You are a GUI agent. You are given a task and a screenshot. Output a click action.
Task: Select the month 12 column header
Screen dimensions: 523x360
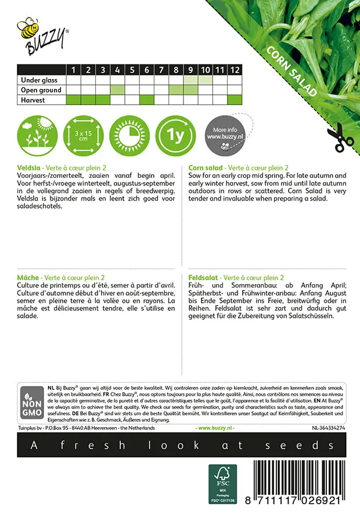[x=234, y=70]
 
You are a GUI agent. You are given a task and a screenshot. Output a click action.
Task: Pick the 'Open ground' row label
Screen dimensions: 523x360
[x=41, y=90]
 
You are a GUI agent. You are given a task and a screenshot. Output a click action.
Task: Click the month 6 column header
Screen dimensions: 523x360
[x=147, y=70]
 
